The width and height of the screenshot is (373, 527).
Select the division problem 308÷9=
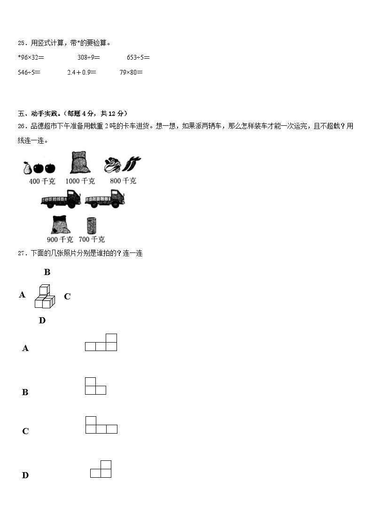[89, 58]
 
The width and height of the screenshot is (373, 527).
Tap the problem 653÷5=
[138, 58]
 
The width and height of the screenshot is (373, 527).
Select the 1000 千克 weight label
[80, 181]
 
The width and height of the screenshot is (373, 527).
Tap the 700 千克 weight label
[92, 239]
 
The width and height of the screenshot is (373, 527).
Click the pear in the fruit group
[27, 167]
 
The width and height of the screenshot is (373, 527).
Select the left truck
[61, 199]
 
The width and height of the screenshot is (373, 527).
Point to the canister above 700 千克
[92, 225]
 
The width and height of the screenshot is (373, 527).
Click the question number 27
[21, 253]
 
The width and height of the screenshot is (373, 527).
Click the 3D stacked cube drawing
[45, 297]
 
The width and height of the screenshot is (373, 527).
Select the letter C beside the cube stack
[67, 297]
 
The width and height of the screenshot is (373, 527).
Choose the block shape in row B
[95, 386]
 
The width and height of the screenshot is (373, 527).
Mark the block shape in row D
[101, 469]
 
